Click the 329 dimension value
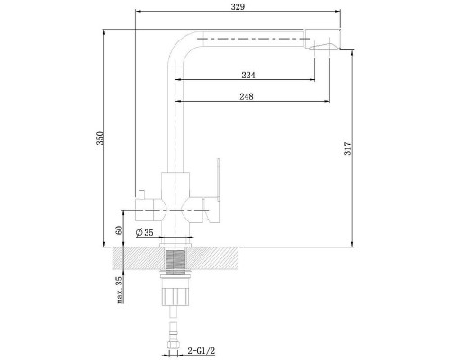(238, 6)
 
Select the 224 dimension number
(248, 75)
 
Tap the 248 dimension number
(247, 96)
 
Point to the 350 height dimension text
(100, 138)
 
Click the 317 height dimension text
(347, 148)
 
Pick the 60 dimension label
(119, 230)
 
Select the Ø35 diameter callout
(144, 232)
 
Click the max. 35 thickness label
(120, 290)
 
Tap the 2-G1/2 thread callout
(202, 350)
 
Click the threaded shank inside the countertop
(175, 260)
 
